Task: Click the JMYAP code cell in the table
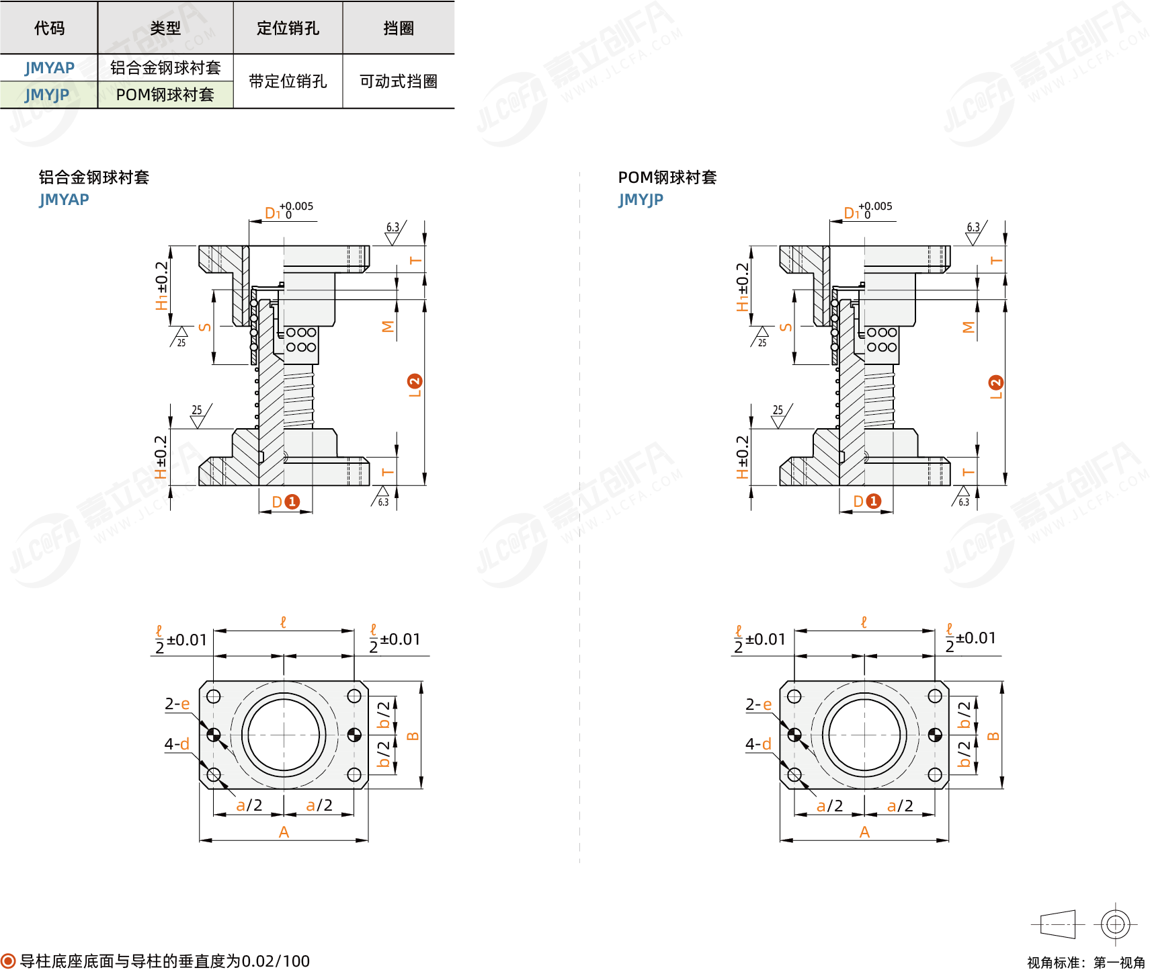pos(50,68)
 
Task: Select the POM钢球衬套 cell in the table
pos(165,95)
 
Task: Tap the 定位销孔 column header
pos(288,28)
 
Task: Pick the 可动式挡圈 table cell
pos(399,81)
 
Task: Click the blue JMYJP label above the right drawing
pos(641,200)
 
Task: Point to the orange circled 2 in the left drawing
pos(415,381)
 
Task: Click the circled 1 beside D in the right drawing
pos(873,501)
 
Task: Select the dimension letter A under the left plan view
pos(284,832)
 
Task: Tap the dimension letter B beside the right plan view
pos(993,736)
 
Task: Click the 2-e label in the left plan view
pos(177,704)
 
